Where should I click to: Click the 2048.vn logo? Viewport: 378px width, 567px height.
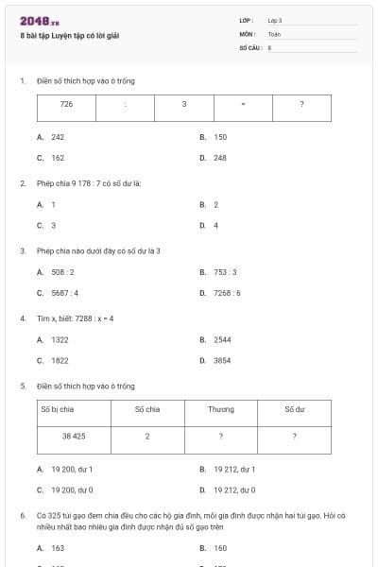pyautogui.click(x=32, y=21)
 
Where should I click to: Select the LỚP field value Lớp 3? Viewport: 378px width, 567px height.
pyautogui.click(x=275, y=20)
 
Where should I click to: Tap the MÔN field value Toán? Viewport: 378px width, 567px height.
pyautogui.click(x=274, y=33)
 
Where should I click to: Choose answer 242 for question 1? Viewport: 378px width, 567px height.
pyautogui.click(x=58, y=137)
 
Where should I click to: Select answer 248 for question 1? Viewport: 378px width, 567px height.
pyautogui.click(x=220, y=158)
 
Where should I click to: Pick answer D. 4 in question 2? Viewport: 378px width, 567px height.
pyautogui.click(x=215, y=226)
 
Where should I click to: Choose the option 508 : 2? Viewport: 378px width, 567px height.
pyautogui.click(x=63, y=272)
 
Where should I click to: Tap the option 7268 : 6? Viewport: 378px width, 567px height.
pyautogui.click(x=227, y=293)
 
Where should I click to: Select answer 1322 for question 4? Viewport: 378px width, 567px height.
pyautogui.click(x=60, y=339)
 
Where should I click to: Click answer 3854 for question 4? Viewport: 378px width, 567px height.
pyautogui.click(x=222, y=360)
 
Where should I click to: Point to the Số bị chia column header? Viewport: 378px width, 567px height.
pyautogui.click(x=58, y=408)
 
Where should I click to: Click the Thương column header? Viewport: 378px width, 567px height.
pyautogui.click(x=221, y=408)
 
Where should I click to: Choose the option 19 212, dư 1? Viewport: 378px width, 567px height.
pyautogui.click(x=233, y=469)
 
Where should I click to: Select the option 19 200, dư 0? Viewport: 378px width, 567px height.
pyautogui.click(x=72, y=490)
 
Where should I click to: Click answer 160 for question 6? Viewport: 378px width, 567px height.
pyautogui.click(x=220, y=547)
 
